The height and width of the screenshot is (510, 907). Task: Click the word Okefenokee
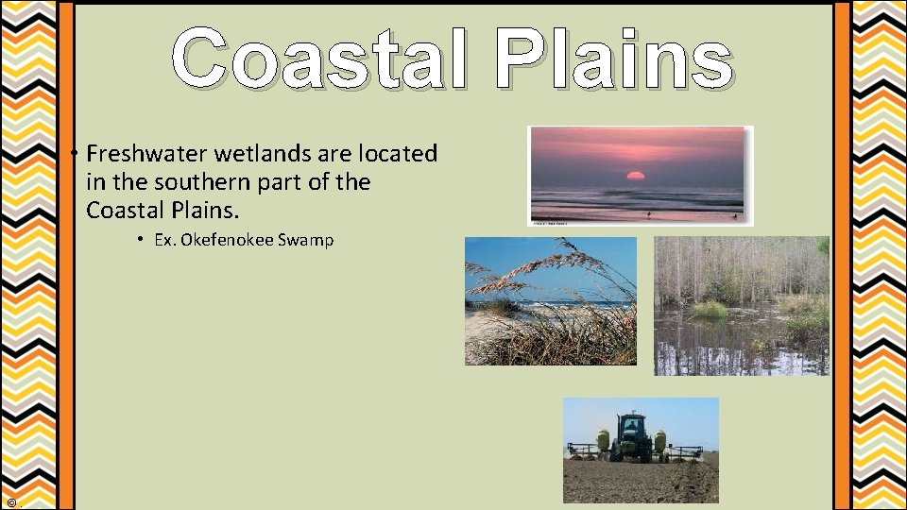(226, 240)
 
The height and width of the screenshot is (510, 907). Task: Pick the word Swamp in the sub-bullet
(304, 240)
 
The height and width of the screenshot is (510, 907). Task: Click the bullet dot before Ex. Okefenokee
(138, 240)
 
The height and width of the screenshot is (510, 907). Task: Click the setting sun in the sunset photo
(635, 177)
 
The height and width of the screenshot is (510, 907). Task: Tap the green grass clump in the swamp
(710, 310)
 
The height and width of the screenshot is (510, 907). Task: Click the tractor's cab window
(630, 427)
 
